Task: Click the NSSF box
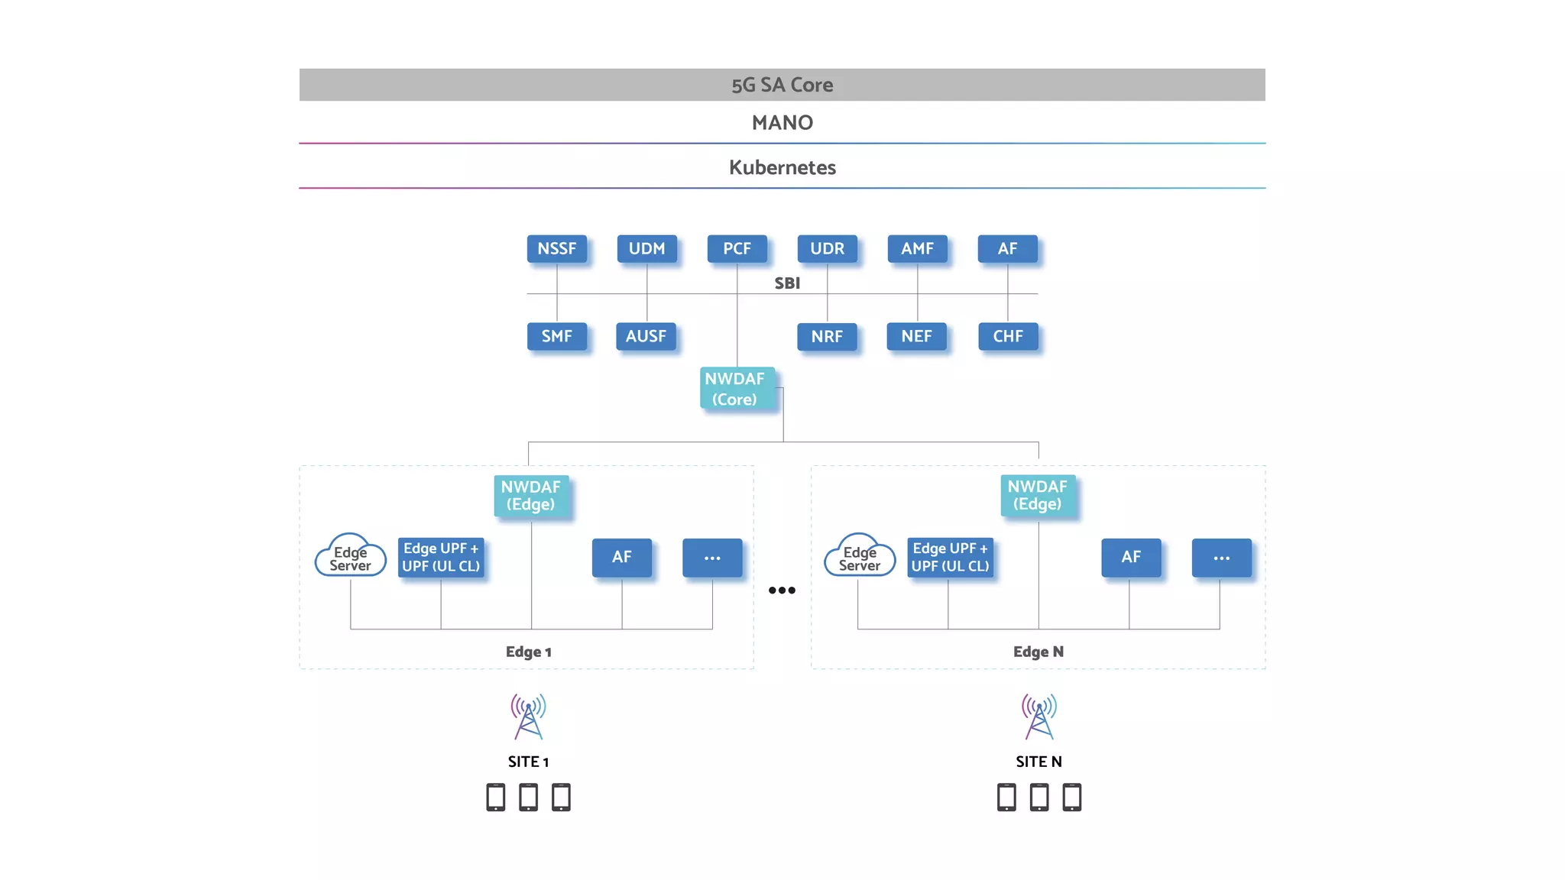click(x=556, y=249)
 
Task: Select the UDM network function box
click(x=646, y=249)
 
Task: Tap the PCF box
click(x=737, y=249)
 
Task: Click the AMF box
click(x=917, y=249)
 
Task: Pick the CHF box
click(x=1007, y=336)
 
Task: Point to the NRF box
click(x=827, y=336)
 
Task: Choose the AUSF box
click(x=646, y=336)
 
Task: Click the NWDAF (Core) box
click(x=735, y=389)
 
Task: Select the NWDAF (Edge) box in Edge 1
click(x=530, y=496)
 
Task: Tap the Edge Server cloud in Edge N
click(x=860, y=558)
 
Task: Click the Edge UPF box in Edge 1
click(x=441, y=558)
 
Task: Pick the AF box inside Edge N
click(x=1130, y=558)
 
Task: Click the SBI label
click(x=787, y=283)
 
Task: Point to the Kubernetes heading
click(x=782, y=167)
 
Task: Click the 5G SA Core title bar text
click(x=782, y=85)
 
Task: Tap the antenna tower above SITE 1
click(x=528, y=717)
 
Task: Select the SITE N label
click(x=1038, y=762)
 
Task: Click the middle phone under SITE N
click(x=1038, y=797)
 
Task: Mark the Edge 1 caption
click(x=528, y=652)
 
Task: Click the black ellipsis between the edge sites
click(x=782, y=590)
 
